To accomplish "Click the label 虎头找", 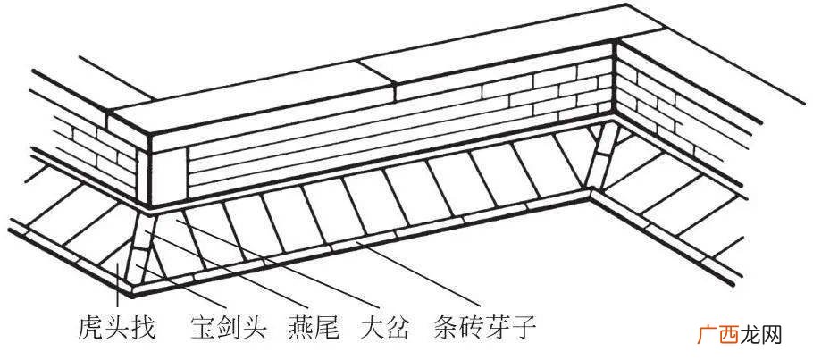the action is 116,327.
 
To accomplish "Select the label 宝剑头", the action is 229,327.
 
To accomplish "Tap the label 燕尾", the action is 314,327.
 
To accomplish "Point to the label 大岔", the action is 384,327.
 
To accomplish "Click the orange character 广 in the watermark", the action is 708,336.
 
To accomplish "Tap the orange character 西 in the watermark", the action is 729,336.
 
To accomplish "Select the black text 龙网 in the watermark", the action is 760,336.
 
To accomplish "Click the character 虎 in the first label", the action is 90,327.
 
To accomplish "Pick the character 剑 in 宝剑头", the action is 229,327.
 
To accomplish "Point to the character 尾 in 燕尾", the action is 327,327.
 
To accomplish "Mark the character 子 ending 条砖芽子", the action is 524,327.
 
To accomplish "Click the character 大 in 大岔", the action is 372,327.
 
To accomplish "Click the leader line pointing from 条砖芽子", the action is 419,274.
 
